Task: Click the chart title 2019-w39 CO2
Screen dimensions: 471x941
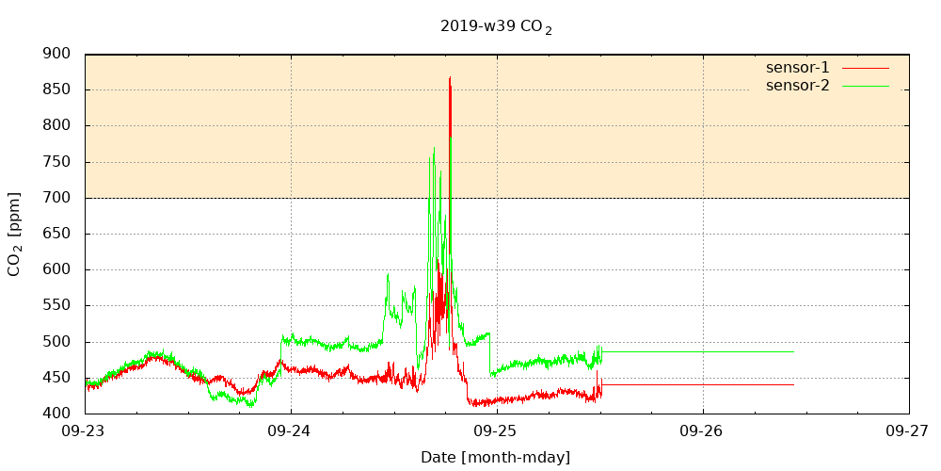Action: pos(495,26)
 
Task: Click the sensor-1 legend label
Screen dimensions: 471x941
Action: pos(797,68)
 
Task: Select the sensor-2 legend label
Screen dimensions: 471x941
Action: pos(797,86)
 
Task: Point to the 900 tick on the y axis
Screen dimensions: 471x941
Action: pos(57,54)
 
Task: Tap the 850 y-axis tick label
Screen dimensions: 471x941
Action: pos(57,89)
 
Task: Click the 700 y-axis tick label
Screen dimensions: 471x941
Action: pos(57,198)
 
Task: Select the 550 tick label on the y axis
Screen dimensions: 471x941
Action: pos(57,306)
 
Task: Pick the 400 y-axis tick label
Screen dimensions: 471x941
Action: pos(57,414)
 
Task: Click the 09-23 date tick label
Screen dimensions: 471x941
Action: pos(85,430)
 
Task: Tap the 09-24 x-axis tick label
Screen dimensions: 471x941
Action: pos(291,430)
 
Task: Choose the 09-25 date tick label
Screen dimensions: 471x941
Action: pos(497,430)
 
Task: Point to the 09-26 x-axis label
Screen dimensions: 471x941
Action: pos(703,430)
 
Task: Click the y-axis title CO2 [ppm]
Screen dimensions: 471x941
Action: pos(15,234)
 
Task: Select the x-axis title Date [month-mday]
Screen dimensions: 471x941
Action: pos(495,458)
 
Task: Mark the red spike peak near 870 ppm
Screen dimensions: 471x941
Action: pos(450,77)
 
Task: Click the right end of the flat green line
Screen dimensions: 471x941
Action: pos(793,351)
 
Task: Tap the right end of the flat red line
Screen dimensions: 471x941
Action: pos(793,384)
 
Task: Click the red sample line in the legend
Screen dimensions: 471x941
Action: pos(865,68)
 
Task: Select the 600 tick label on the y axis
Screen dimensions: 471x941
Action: pos(57,269)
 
